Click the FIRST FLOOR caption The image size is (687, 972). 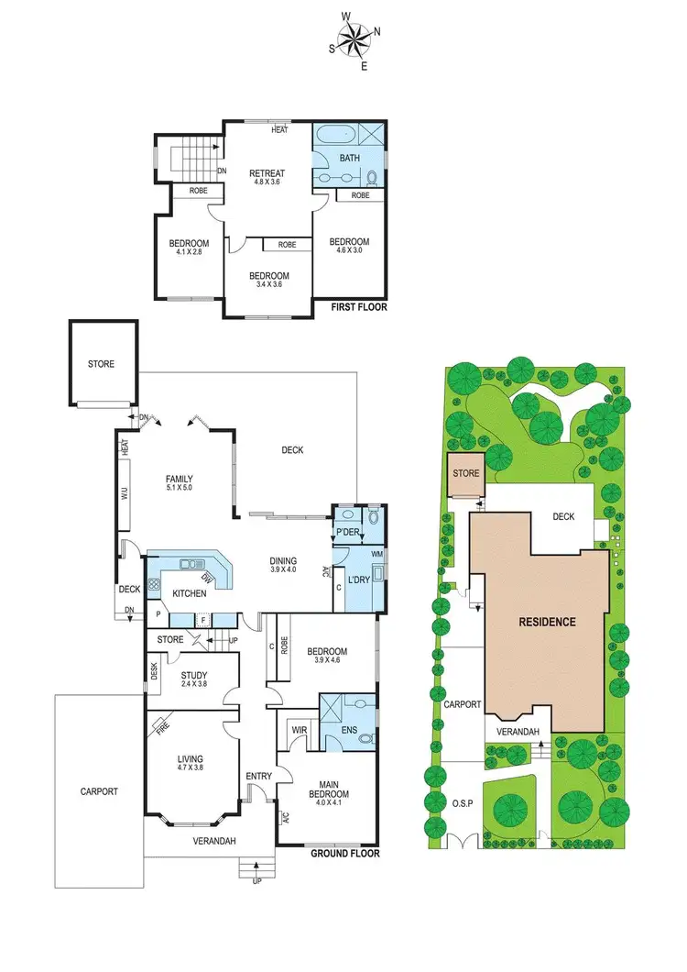pyautogui.click(x=357, y=307)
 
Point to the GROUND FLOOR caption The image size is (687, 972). pyautogui.click(x=345, y=853)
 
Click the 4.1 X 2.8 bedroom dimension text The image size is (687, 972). pyautogui.click(x=189, y=254)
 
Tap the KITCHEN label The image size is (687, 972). pyautogui.click(x=190, y=594)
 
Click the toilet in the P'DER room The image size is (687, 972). pyautogui.click(x=371, y=519)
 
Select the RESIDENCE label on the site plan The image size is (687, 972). pyautogui.click(x=547, y=622)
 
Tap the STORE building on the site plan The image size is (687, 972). pyautogui.click(x=466, y=474)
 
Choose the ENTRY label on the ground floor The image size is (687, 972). pyautogui.click(x=259, y=777)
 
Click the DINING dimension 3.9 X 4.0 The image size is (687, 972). pyautogui.click(x=282, y=570)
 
